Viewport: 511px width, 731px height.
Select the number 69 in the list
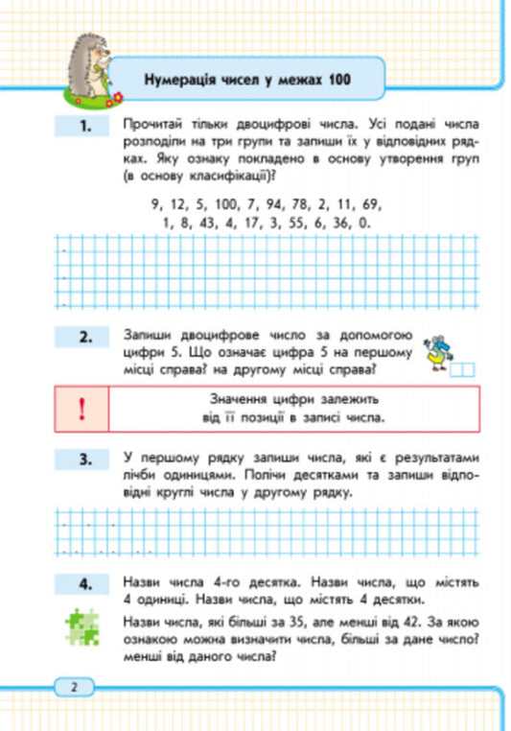click(373, 205)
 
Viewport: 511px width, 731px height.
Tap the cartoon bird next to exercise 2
click(438, 351)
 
